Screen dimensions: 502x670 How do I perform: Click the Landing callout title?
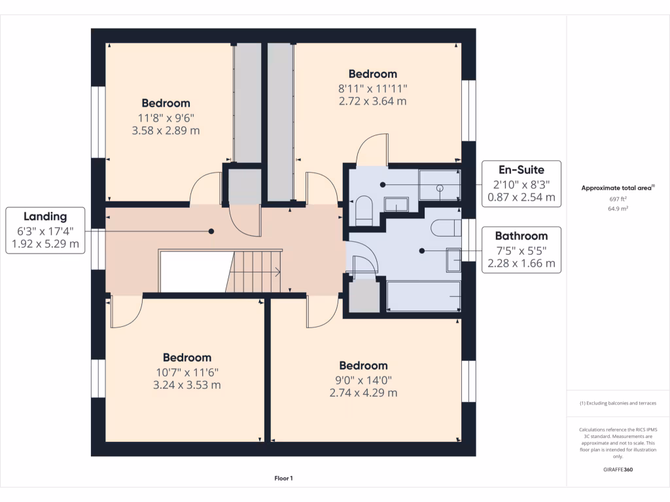coord(45,216)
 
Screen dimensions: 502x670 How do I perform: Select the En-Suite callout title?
coord(521,170)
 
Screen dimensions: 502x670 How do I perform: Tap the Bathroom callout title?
coord(521,236)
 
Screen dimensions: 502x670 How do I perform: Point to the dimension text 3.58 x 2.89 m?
coord(166,131)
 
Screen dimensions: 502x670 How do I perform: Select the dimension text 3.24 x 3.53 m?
coord(187,385)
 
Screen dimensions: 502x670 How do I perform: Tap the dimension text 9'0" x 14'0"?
coord(363,379)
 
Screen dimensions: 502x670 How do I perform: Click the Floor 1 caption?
coord(283,478)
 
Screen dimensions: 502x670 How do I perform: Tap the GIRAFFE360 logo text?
coord(618,469)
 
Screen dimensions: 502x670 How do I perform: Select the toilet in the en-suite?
coord(363,212)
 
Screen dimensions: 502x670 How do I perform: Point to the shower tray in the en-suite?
coord(440,184)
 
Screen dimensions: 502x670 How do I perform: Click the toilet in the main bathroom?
coord(446,228)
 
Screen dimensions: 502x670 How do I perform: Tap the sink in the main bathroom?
coord(453,259)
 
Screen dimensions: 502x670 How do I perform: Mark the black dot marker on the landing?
coord(211,231)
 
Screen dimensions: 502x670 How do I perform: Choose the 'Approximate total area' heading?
coord(617,188)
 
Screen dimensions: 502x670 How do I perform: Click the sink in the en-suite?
coord(396,205)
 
